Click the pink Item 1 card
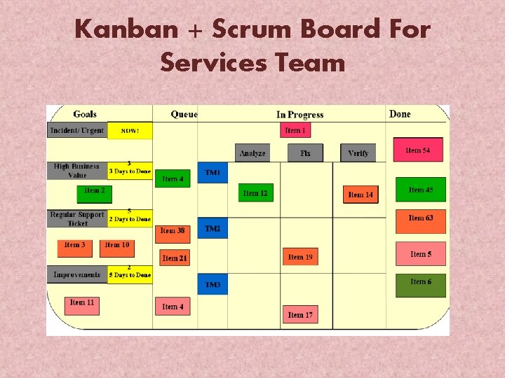[x=295, y=130]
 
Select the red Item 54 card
[x=417, y=150]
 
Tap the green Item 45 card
[x=420, y=190]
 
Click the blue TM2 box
[x=213, y=229]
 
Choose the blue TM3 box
[x=213, y=285]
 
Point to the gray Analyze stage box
[x=252, y=153]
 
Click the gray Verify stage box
[x=358, y=153]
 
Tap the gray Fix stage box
[x=305, y=153]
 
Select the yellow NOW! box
[x=130, y=131]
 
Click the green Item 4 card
[x=173, y=178]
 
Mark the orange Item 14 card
[x=361, y=194]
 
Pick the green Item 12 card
[x=255, y=192]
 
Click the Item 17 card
[x=300, y=314]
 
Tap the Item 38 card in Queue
[x=173, y=230]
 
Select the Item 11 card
[x=82, y=302]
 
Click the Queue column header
[x=184, y=114]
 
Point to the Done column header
[x=400, y=113]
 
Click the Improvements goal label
[x=77, y=274]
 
